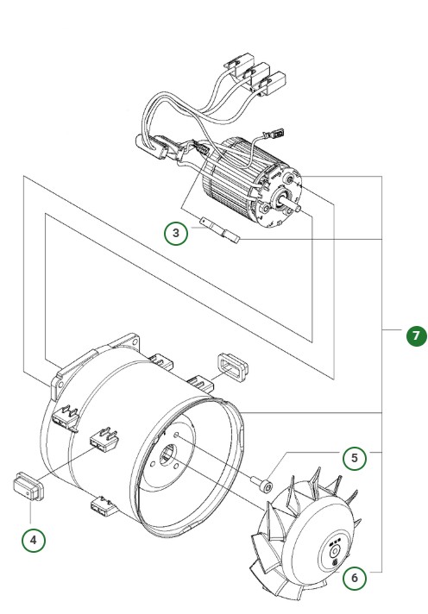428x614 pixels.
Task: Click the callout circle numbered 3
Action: click(176, 233)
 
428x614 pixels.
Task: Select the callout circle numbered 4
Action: click(34, 541)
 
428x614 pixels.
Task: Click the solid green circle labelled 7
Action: click(417, 336)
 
